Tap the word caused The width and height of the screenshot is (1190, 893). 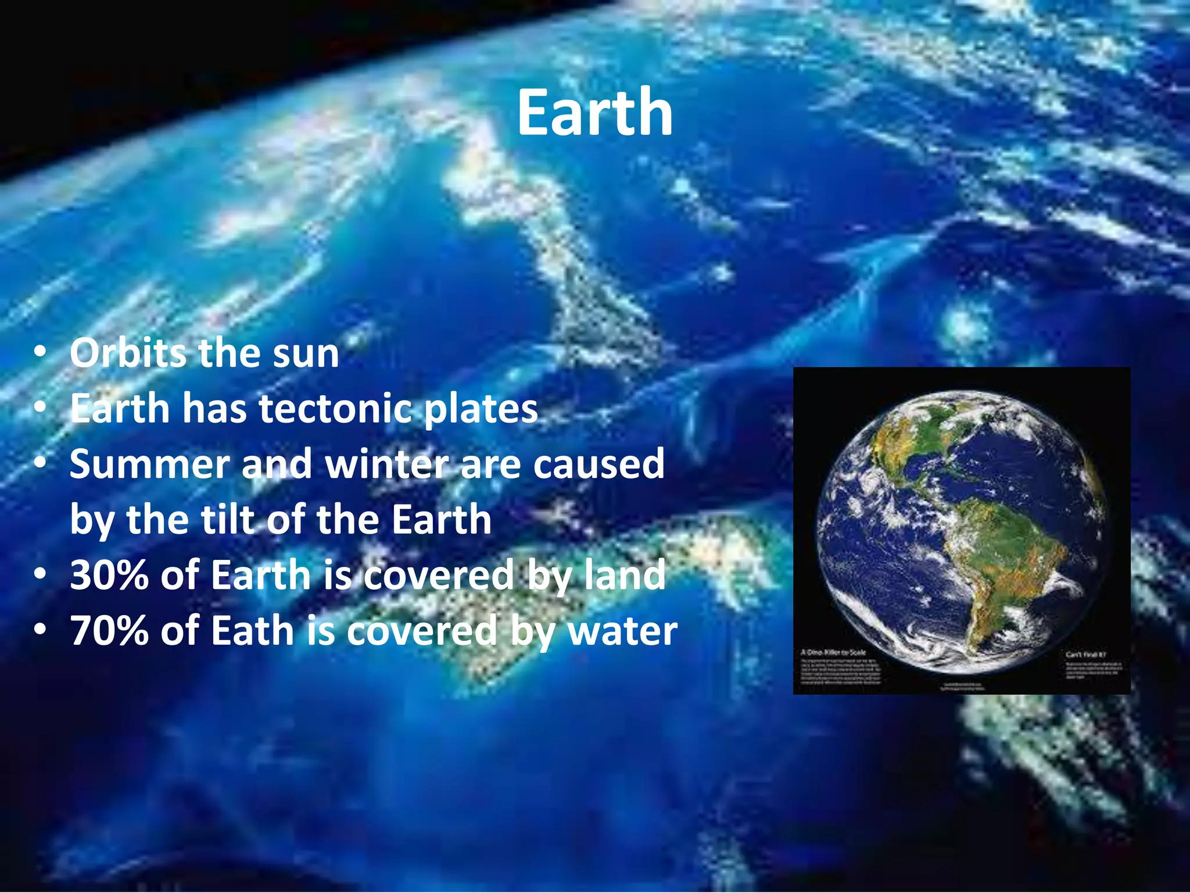[x=598, y=464]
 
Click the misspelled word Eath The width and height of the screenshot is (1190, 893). [x=252, y=630]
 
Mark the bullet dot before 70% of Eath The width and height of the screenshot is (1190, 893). [x=40, y=630]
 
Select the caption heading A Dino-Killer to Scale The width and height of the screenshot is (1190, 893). [x=833, y=652]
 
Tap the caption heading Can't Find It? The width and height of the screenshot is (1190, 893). [x=1085, y=655]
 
